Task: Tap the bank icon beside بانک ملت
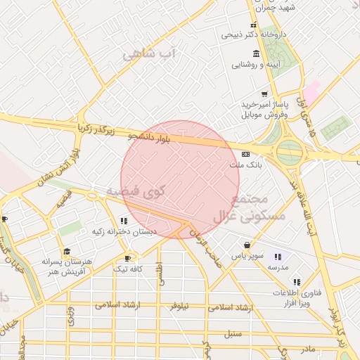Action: pos(245,153)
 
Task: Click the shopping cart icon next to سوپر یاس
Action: pos(246,245)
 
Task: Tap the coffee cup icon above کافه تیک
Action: pos(128,258)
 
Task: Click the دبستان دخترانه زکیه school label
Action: pos(125,232)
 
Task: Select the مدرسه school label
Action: pos(276,268)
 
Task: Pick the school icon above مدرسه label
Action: pos(278,257)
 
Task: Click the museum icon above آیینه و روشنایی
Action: pos(256,53)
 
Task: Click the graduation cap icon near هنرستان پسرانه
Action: pos(67,251)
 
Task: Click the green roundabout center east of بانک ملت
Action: pos(289,151)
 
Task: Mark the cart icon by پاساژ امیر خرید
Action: pos(264,94)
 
